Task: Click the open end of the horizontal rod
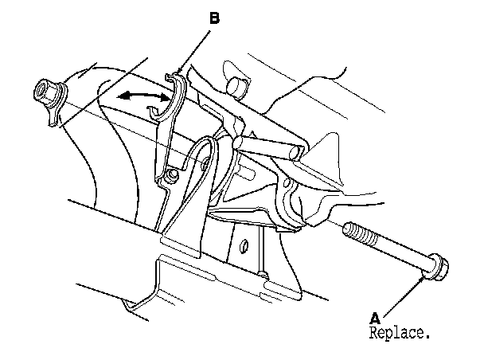tap(295, 148)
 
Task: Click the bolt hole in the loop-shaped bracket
tap(206, 163)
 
